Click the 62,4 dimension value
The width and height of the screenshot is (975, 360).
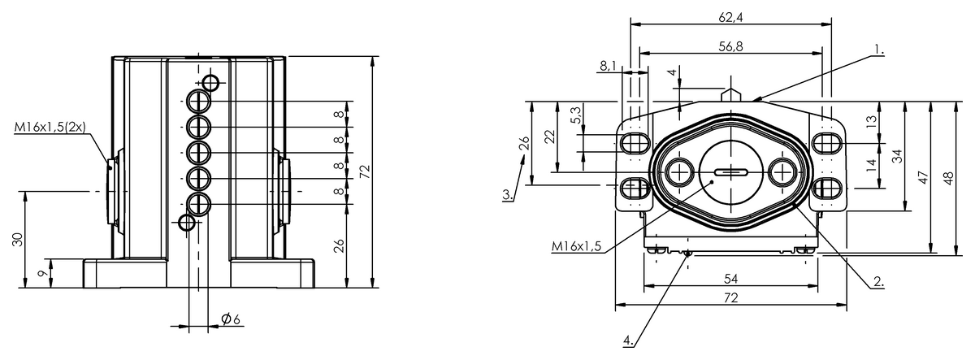click(x=730, y=17)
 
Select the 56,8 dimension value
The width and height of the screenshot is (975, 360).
click(x=730, y=46)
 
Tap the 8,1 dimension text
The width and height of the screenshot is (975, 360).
click(x=608, y=66)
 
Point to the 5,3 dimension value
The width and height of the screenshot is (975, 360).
click(x=575, y=115)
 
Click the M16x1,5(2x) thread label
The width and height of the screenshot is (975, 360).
click(x=50, y=127)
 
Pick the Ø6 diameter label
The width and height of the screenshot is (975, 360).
click(x=231, y=319)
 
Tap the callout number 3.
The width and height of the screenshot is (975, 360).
click(x=508, y=194)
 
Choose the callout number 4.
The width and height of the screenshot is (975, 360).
click(x=628, y=340)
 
